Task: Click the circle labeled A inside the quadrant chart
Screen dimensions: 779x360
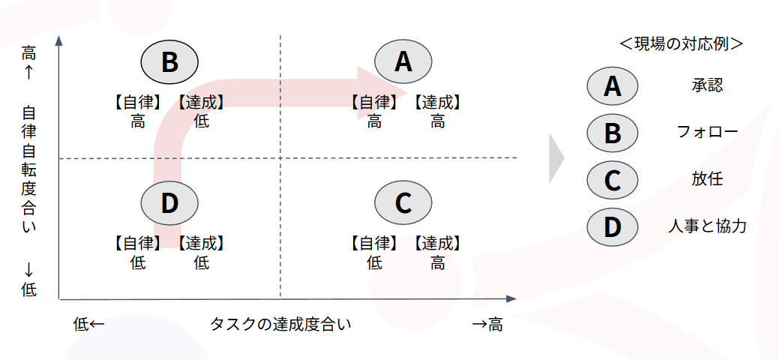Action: point(403,61)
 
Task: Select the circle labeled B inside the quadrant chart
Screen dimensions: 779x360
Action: point(169,61)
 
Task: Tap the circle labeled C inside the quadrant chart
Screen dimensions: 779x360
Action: point(403,202)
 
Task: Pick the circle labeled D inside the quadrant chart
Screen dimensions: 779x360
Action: point(169,202)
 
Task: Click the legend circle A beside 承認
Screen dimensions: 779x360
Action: point(613,86)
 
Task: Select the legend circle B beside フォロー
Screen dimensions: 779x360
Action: point(613,133)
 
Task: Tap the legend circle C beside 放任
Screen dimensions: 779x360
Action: point(613,180)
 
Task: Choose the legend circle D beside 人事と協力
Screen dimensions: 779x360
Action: point(613,226)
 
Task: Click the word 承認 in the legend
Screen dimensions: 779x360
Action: point(707,85)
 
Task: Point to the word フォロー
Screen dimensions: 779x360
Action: point(707,133)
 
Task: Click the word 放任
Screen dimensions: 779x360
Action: point(707,179)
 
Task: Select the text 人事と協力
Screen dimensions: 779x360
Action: point(707,226)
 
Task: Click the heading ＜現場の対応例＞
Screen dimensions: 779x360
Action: point(681,43)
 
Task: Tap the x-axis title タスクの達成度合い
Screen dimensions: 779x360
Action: point(280,325)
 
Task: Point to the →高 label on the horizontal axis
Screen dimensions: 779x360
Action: point(487,325)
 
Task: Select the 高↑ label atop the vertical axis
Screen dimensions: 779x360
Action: point(28,62)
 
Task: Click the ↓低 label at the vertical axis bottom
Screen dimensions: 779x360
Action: point(28,279)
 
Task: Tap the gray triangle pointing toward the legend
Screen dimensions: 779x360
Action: point(556,158)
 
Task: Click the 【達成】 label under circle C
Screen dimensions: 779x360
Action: point(437,243)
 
